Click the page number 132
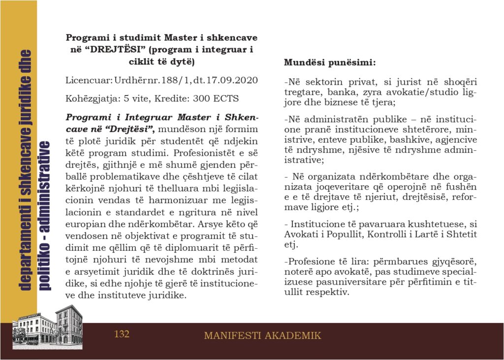122,334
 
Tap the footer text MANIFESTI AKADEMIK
262,336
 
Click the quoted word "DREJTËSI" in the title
109,50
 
